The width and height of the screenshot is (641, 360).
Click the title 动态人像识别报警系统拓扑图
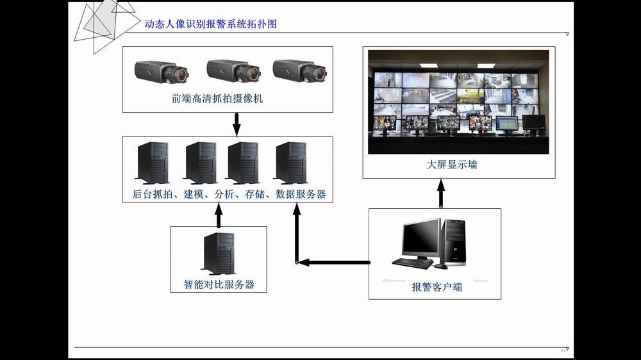(211, 24)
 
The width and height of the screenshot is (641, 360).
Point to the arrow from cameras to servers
(236, 124)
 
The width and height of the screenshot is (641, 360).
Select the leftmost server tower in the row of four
(153, 163)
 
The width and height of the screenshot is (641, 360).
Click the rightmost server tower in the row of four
(291, 163)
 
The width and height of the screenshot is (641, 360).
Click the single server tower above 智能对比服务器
(219, 254)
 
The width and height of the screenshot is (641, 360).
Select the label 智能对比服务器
(219, 284)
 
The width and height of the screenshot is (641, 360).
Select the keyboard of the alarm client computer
(412, 263)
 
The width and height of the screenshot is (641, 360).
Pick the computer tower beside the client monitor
(454, 241)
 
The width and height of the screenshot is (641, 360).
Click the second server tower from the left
(200, 163)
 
